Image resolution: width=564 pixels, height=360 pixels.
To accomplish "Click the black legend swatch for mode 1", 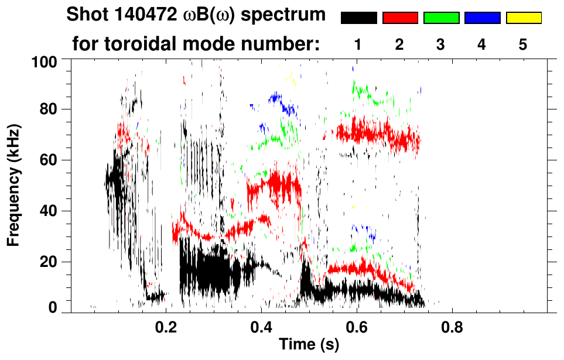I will pyautogui.click(x=358, y=18).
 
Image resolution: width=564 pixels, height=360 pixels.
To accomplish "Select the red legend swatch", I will pyautogui.click(x=400, y=18).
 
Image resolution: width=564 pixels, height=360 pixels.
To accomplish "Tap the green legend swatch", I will pyautogui.click(x=441, y=18).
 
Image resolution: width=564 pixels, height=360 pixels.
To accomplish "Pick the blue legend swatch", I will pyautogui.click(x=482, y=18).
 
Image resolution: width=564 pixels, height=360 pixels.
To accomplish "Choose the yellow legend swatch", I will pyautogui.click(x=524, y=18).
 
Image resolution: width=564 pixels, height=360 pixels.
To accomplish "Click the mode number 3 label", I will pyautogui.click(x=441, y=44).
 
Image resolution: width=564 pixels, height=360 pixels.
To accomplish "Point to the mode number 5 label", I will pyautogui.click(x=523, y=44).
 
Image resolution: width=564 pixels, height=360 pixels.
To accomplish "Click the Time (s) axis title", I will pyautogui.click(x=308, y=345).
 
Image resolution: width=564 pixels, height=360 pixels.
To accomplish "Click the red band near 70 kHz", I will pyautogui.click(x=375, y=133).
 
